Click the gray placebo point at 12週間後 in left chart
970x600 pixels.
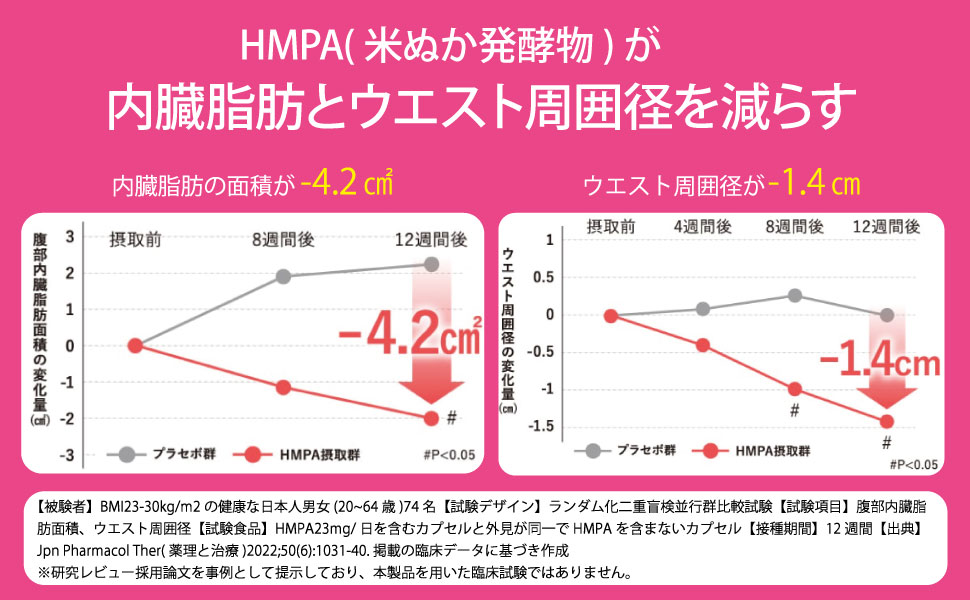click(431, 264)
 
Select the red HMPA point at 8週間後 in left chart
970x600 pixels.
click(283, 387)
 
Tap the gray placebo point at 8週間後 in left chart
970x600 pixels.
click(283, 276)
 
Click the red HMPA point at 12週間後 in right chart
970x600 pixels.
click(886, 421)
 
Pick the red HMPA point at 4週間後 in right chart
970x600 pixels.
click(703, 345)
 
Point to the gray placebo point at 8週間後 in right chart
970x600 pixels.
click(795, 295)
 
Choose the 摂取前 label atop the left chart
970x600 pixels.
click(135, 239)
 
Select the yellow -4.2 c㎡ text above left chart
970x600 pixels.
click(346, 184)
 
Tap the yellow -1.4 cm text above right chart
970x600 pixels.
click(816, 184)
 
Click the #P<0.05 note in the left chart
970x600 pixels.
click(449, 454)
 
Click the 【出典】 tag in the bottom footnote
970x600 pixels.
click(912, 526)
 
